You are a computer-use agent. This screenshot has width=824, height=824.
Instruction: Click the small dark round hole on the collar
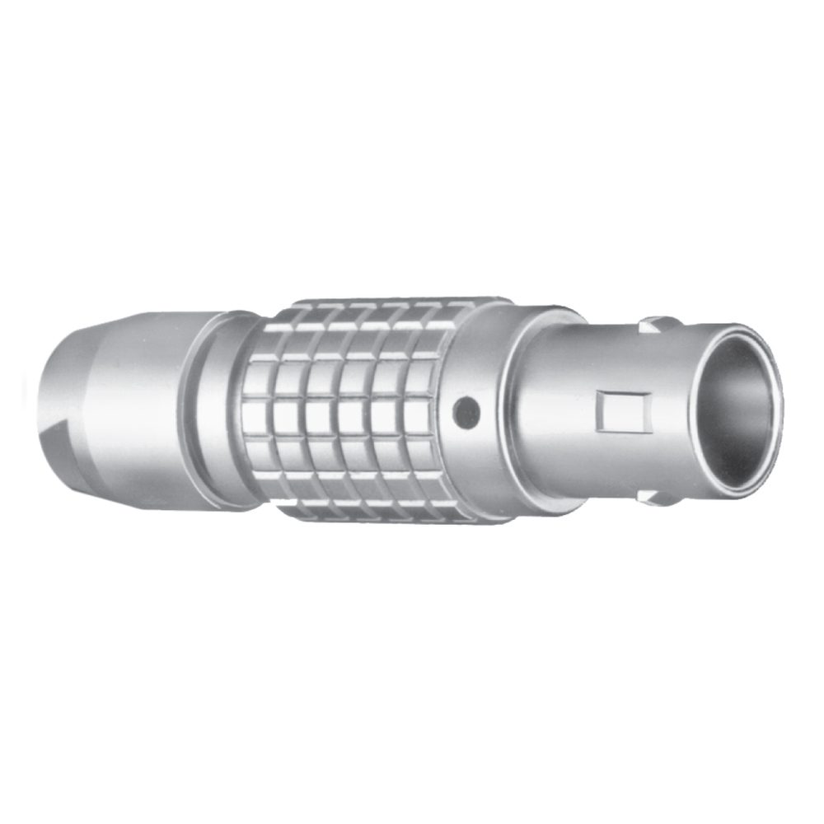click(466, 412)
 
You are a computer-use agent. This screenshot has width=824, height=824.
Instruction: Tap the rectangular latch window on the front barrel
click(623, 411)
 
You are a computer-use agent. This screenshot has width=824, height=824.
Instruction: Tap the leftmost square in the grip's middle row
click(257, 416)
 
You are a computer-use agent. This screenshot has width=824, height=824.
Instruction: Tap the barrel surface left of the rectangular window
click(560, 412)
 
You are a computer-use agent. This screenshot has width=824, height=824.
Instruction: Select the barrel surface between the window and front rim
click(672, 412)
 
